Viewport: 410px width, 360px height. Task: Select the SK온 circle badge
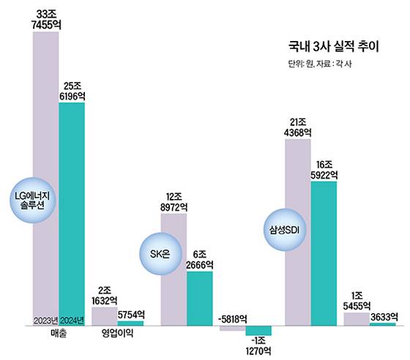160,254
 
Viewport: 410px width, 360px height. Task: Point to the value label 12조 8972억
174,203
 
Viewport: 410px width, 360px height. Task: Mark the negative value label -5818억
232,319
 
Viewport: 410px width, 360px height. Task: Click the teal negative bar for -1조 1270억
258,330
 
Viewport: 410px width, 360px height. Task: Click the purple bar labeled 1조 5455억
357,318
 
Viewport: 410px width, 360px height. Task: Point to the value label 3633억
383,317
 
